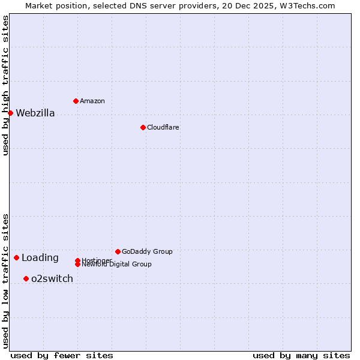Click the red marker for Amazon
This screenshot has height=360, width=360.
click(x=76, y=101)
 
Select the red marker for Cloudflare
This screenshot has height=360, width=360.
click(x=143, y=127)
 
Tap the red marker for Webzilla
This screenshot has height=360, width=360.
click(x=10, y=113)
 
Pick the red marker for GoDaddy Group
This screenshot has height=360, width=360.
click(x=118, y=251)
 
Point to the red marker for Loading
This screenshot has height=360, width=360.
click(x=16, y=257)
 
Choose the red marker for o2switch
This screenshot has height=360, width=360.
click(x=26, y=278)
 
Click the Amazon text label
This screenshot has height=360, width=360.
click(x=92, y=101)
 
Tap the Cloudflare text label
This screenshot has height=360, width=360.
click(x=163, y=127)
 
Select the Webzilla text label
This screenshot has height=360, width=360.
click(x=35, y=113)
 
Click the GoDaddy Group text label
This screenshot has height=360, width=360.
click(x=146, y=251)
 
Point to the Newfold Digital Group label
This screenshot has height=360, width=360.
click(x=116, y=265)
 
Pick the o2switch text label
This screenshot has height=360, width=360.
click(x=52, y=278)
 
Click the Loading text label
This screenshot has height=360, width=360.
click(x=40, y=258)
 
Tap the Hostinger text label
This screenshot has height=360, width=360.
click(x=96, y=260)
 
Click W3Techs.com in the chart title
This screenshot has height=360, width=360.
click(x=310, y=5)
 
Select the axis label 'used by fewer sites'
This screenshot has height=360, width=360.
click(x=62, y=355)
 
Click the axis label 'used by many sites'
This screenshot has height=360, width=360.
click(x=301, y=355)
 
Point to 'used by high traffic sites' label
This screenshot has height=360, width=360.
click(x=5, y=85)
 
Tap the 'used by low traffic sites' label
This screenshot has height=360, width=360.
click(x=5, y=280)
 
